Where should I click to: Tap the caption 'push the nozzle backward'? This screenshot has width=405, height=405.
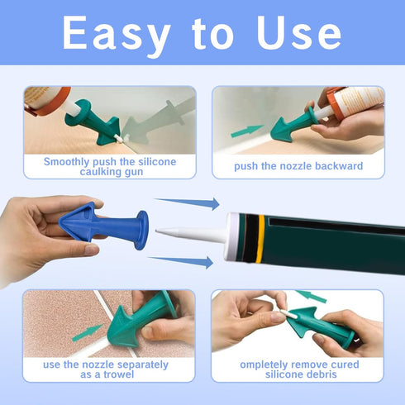click(298, 166)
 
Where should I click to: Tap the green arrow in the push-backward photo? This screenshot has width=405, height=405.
click(248, 131)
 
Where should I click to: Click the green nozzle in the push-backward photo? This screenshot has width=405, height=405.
click(293, 124)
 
